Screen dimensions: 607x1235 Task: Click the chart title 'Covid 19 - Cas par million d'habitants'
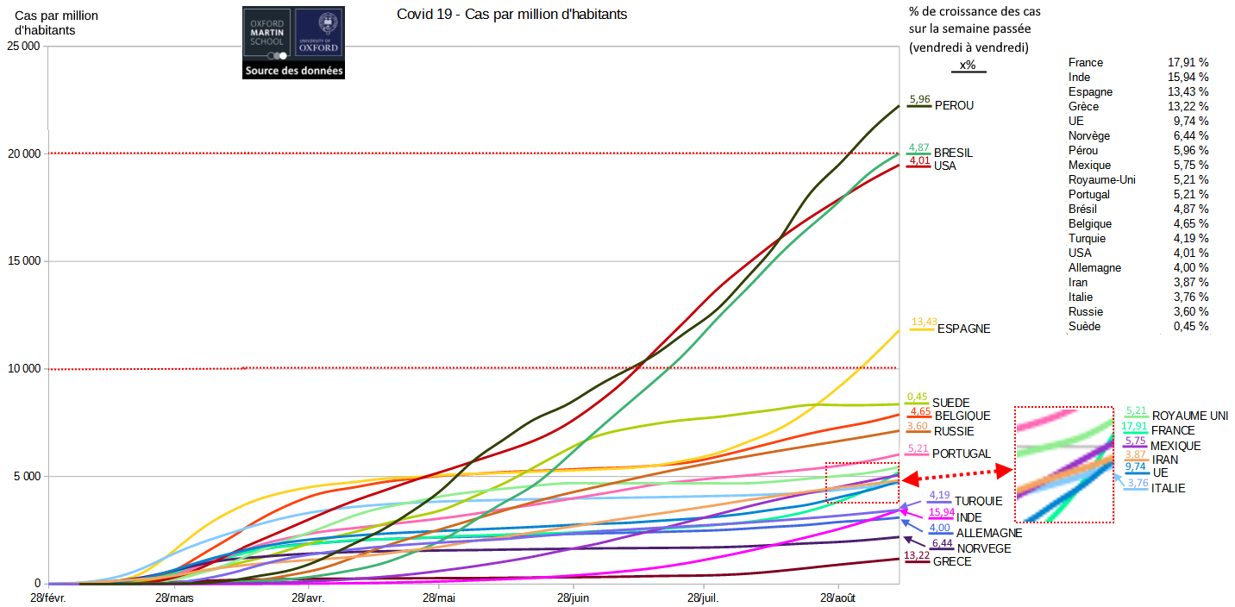[511, 15]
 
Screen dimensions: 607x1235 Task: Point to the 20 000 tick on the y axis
[23, 154]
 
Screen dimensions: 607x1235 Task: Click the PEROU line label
[954, 105]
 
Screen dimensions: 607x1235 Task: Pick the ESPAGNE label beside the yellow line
[963, 329]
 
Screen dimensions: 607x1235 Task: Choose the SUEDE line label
[951, 403]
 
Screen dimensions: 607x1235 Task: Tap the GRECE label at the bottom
[952, 561]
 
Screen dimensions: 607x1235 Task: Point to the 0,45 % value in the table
[1191, 327]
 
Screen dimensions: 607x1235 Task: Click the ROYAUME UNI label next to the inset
[1189, 416]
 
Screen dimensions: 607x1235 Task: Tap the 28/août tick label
[837, 598]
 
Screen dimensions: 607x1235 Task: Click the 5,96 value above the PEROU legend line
[919, 100]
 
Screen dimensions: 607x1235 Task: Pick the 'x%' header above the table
[968, 66]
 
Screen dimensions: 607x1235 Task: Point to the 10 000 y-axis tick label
[23, 369]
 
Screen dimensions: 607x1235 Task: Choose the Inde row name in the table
[1080, 78]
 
